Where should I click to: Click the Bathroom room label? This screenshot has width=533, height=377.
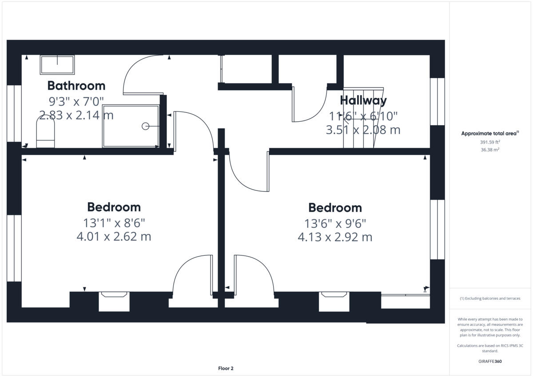tap(76, 85)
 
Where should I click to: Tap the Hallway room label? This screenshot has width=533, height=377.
tap(363, 100)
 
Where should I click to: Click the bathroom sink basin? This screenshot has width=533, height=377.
tap(57, 65)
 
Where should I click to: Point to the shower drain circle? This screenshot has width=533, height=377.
tap(145, 127)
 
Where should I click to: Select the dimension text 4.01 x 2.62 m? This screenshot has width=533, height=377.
tap(114, 236)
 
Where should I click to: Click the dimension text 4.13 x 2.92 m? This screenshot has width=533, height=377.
tap(335, 237)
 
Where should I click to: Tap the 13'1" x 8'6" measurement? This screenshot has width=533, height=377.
tap(114, 222)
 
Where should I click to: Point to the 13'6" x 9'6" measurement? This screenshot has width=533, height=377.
tap(335, 222)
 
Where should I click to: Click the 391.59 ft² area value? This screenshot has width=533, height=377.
tap(490, 143)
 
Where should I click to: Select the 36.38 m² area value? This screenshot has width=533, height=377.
tap(490, 150)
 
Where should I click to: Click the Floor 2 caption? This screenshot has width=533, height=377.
tap(226, 368)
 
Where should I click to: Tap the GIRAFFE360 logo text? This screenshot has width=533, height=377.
tap(490, 361)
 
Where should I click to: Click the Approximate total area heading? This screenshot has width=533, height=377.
tap(490, 133)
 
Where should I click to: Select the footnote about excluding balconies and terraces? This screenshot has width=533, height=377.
tap(490, 298)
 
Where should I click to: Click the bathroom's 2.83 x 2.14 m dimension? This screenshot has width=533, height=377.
tap(76, 115)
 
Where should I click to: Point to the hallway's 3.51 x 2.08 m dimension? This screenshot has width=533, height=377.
tap(363, 130)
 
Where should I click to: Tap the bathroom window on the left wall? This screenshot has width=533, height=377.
tap(14, 113)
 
